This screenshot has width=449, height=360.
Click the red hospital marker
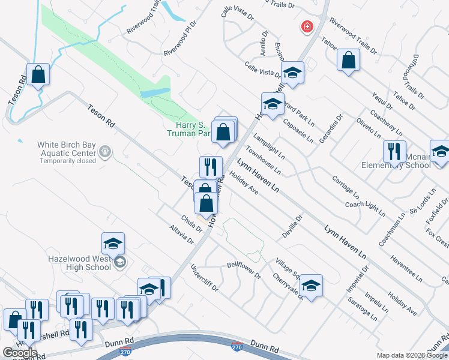[307, 27]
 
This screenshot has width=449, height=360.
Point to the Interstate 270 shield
[237, 346]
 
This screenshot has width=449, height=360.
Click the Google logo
[20, 352]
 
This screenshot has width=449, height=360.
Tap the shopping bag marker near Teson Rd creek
[38, 75]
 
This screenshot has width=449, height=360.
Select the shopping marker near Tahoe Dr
[348, 61]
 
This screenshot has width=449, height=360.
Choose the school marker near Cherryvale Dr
[311, 286]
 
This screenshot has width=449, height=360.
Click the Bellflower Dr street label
[244, 270]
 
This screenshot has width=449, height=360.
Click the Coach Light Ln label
[365, 208]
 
